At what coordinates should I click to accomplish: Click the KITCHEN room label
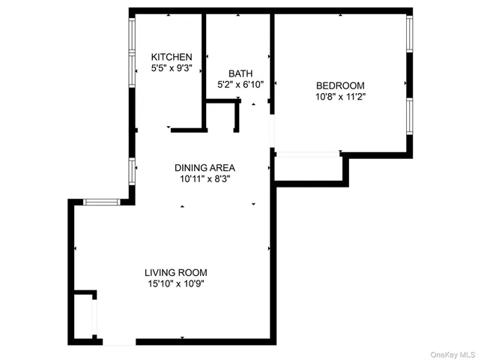172,57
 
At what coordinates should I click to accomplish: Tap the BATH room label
240,73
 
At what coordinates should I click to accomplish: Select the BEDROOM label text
340,85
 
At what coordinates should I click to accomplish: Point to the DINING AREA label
205,167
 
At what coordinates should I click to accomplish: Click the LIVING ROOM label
175,272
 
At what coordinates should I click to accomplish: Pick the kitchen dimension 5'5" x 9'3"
172,68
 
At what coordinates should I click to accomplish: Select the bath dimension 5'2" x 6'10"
240,85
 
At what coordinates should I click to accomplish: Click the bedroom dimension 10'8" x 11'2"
340,97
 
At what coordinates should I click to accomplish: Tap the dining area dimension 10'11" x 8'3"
205,179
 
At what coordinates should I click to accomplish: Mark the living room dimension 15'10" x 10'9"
175,283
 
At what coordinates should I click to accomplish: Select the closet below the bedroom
308,169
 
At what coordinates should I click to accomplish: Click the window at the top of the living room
100,202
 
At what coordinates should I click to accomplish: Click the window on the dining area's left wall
131,171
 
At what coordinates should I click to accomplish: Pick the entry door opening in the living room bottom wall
119,342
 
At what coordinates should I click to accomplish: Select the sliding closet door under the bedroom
308,154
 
